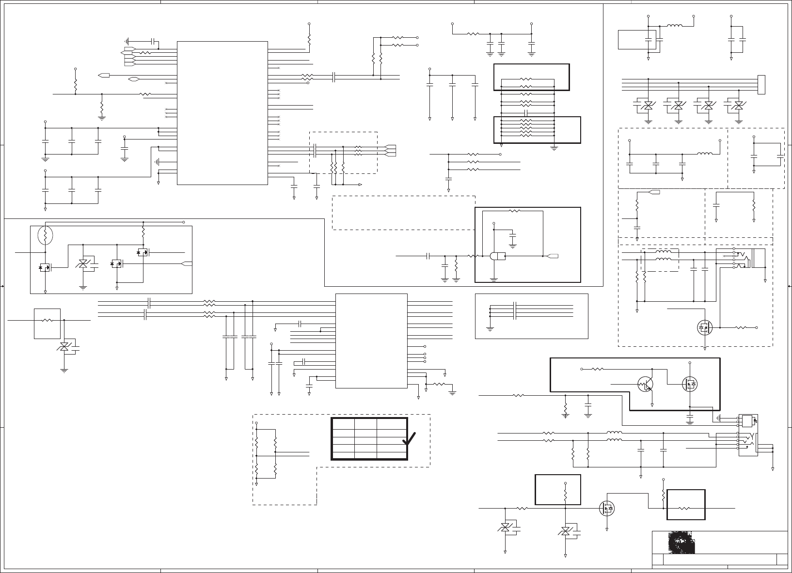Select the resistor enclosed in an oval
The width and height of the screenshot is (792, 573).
pyautogui.click(x=45, y=236)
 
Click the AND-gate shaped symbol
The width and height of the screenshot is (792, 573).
pyautogui.click(x=497, y=256)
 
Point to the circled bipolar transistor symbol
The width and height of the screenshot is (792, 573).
pyautogui.click(x=646, y=384)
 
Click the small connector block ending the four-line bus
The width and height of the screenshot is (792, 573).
pyautogui.click(x=761, y=85)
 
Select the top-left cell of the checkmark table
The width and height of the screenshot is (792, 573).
pyautogui.click(x=343, y=423)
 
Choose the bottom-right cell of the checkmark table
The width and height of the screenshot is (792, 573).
pyautogui.click(x=392, y=455)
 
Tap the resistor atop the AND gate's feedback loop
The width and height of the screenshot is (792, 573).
pyautogui.click(x=514, y=211)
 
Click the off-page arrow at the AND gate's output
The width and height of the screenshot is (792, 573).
pyautogui.click(x=553, y=256)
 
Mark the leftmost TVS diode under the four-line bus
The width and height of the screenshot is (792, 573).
pyautogui.click(x=648, y=105)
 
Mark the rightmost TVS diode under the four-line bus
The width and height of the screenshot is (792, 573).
pyautogui.click(x=738, y=105)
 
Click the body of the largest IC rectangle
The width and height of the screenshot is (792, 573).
pyautogui.click(x=222, y=113)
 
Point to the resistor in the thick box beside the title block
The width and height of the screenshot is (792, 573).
pyautogui.click(x=684, y=509)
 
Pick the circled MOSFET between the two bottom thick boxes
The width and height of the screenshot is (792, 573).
pyautogui.click(x=607, y=508)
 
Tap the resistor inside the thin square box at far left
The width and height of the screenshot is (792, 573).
pyautogui.click(x=48, y=320)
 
